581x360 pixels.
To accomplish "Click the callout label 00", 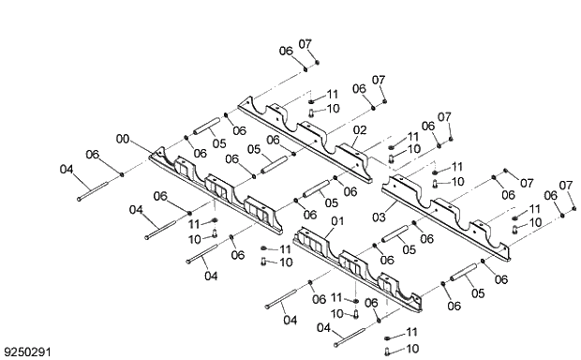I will click(x=122, y=139).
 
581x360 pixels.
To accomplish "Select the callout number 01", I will click(x=338, y=221).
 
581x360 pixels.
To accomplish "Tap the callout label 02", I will click(x=360, y=128).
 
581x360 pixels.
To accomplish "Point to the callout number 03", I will click(x=379, y=217).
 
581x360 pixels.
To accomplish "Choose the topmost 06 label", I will click(x=286, y=50).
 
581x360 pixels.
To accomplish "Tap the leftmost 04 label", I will click(x=66, y=169).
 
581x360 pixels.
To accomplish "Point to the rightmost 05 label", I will click(x=478, y=293).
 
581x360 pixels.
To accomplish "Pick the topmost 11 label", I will click(x=333, y=95).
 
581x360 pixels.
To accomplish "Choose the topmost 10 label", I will click(x=333, y=109).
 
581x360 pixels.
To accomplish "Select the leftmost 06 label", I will click(x=92, y=154).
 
